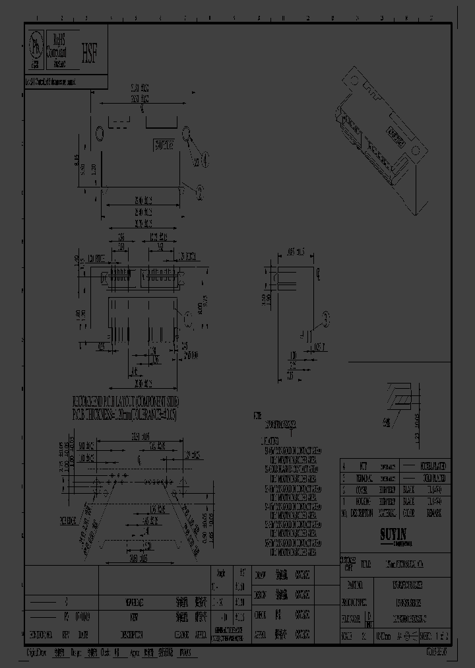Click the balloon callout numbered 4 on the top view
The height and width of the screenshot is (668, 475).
[206, 158]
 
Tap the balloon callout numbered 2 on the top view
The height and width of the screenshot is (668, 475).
[200, 190]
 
